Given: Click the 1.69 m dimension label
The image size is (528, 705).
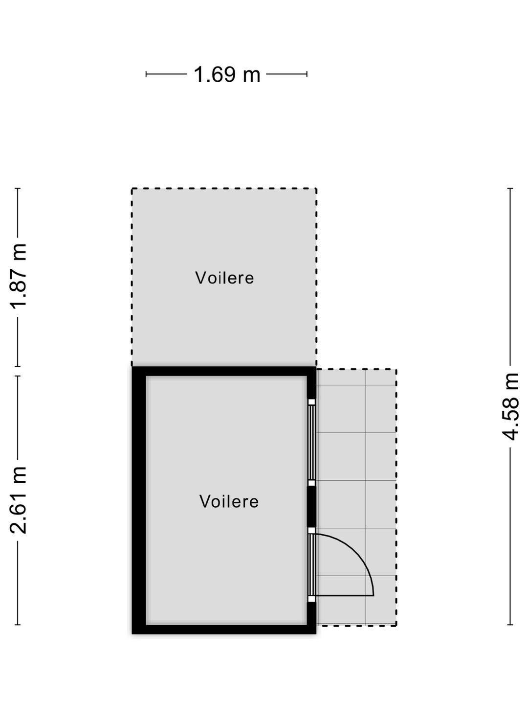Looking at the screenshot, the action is pyautogui.click(x=227, y=74).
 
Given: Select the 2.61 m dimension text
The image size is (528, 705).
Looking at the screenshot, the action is pyautogui.click(x=18, y=500).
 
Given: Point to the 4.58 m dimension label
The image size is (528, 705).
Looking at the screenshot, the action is pyautogui.click(x=510, y=406).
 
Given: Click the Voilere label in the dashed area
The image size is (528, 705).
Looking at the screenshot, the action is pyautogui.click(x=224, y=278).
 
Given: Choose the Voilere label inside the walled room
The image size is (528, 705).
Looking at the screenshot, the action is pyautogui.click(x=229, y=501).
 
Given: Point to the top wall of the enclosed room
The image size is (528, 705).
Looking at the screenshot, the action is pyautogui.click(x=224, y=371).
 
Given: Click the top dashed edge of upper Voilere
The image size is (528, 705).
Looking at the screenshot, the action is pyautogui.click(x=224, y=188).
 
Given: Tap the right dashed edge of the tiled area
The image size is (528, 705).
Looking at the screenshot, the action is pyautogui.click(x=396, y=497).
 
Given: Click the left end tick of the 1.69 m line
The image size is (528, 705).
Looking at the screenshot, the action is pyautogui.click(x=146, y=74).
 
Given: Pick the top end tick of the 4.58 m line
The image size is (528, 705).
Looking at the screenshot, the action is pyautogui.click(x=510, y=188).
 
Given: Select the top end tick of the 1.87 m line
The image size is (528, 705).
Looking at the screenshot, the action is pyautogui.click(x=18, y=188).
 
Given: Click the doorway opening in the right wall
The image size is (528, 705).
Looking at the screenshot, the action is pyautogui.click(x=311, y=564).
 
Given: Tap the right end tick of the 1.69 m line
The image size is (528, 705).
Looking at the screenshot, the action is pyautogui.click(x=307, y=74).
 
